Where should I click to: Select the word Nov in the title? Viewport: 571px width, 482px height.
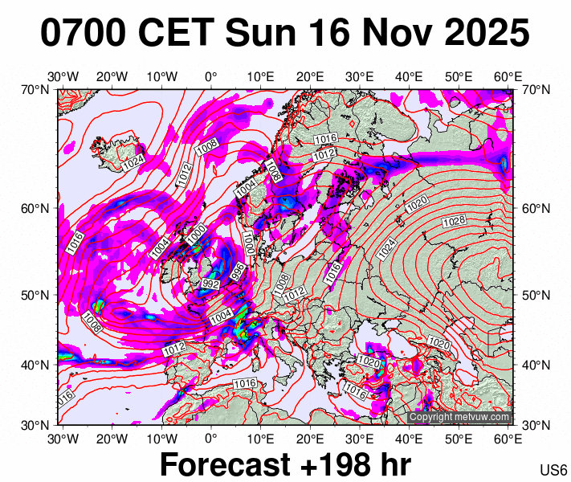pos(382,34)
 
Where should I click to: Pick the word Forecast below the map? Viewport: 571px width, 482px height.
pos(224,464)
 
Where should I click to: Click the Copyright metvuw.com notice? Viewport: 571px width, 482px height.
pos(459,417)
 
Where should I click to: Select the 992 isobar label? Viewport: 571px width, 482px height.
pos(211,284)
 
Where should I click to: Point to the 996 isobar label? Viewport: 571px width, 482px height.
pos(238,272)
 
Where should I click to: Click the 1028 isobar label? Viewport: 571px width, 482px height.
pos(454,221)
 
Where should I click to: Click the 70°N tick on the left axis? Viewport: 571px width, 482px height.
pos(35,89)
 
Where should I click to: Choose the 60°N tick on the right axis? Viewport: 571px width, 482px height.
pos(536,208)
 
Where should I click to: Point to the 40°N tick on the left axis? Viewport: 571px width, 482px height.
pos(35,365)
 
